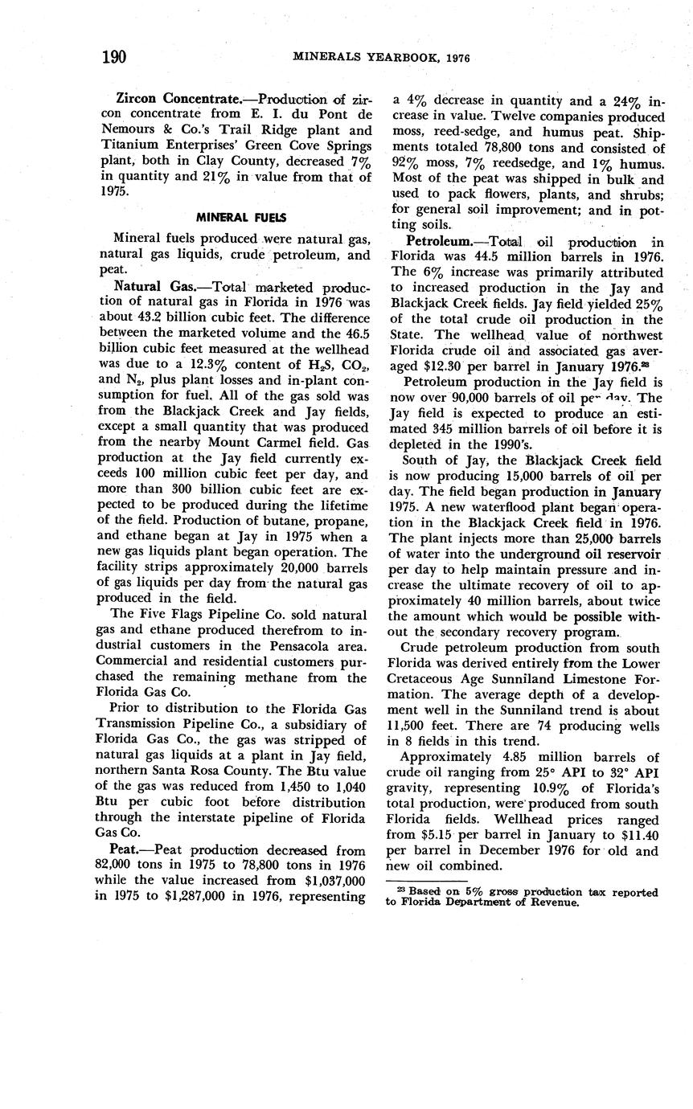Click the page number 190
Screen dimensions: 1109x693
(x=115, y=57)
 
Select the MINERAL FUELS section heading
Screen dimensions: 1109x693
(x=241, y=217)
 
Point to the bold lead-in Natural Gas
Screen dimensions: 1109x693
(x=150, y=287)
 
